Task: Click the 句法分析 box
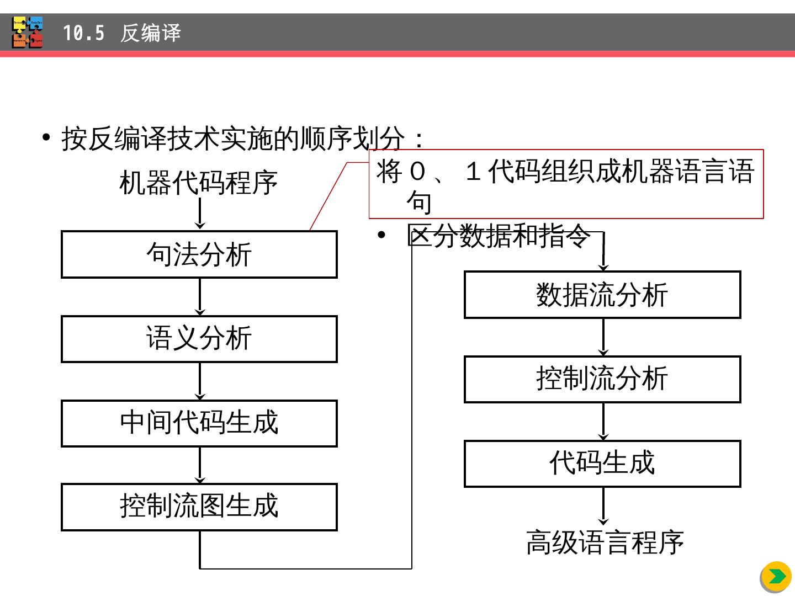pyautogui.click(x=199, y=254)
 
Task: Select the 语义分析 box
pyautogui.click(x=199, y=339)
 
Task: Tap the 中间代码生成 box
pyautogui.click(x=199, y=423)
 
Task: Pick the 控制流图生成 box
pyautogui.click(x=199, y=507)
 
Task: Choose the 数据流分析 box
pyautogui.click(x=602, y=295)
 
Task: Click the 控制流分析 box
pyautogui.click(x=602, y=379)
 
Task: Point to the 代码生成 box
pyautogui.click(x=602, y=464)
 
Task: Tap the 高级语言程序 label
pyautogui.click(x=605, y=542)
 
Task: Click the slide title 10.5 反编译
pyautogui.click(x=121, y=33)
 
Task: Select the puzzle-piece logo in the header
pyautogui.click(x=28, y=33)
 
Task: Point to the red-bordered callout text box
pyautogui.click(x=566, y=184)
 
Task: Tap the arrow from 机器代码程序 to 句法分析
pyautogui.click(x=200, y=213)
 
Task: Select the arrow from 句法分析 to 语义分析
pyautogui.click(x=200, y=297)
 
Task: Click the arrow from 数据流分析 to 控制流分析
pyautogui.click(x=603, y=337)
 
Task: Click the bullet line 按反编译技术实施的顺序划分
pyautogui.click(x=243, y=138)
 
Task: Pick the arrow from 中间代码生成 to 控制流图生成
pyautogui.click(x=200, y=465)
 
